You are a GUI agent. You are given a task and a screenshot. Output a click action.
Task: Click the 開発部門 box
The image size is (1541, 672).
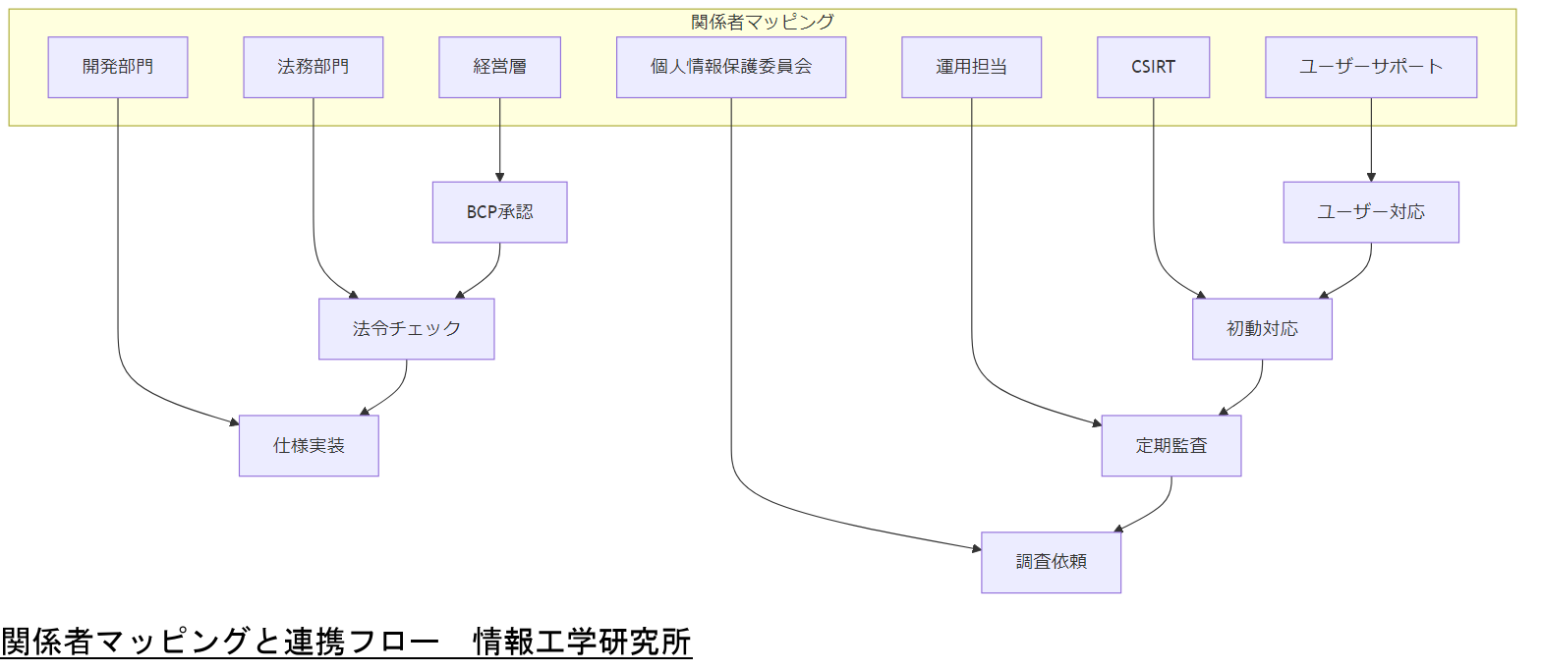118,68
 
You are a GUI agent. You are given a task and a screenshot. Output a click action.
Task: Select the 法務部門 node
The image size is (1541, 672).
314,68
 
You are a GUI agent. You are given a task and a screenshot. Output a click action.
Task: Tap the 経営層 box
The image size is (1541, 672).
499,68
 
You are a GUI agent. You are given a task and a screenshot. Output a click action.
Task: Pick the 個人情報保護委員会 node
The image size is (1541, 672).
731,68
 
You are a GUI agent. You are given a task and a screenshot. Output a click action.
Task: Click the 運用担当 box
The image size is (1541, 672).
971,68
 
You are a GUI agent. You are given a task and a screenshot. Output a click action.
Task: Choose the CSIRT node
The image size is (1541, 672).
1153,68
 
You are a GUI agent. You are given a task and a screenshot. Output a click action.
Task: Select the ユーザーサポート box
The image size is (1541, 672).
1371,68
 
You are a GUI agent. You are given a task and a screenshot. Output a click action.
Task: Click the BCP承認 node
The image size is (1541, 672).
499,212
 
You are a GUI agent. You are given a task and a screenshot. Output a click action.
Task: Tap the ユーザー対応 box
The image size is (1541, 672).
1371,212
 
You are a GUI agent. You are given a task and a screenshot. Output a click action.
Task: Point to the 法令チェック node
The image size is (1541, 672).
406,329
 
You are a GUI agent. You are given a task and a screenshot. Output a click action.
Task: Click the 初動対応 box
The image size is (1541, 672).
1262,329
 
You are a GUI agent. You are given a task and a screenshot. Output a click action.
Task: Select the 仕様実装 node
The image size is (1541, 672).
309,446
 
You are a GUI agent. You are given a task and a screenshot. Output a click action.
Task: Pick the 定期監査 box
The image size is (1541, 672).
1171,446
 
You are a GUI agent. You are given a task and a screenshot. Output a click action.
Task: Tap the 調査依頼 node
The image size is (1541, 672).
1051,563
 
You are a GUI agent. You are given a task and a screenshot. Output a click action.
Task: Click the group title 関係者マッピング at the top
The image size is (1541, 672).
763,22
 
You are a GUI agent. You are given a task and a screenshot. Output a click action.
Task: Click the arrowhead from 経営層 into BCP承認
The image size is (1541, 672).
499,177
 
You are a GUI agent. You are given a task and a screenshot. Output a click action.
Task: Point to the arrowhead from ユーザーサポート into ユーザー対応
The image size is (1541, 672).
1371,177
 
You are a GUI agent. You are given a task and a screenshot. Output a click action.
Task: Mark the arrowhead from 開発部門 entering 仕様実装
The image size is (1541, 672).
233,423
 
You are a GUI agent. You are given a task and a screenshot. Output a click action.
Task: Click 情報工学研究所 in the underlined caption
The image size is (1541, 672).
583,642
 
